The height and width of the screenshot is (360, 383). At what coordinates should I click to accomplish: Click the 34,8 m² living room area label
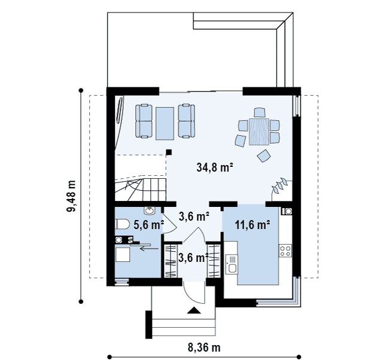[214, 167]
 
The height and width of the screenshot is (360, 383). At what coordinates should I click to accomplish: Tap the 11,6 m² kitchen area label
[253, 225]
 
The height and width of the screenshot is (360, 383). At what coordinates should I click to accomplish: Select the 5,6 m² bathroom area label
[148, 225]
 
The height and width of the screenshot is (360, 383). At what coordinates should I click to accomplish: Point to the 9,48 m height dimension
[72, 196]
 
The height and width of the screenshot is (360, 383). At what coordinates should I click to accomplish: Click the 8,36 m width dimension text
[204, 347]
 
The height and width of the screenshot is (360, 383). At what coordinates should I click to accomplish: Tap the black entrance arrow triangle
[194, 310]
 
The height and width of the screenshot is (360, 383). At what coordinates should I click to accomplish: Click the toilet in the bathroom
[122, 224]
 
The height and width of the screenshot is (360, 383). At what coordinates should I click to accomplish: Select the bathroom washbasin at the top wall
[149, 210]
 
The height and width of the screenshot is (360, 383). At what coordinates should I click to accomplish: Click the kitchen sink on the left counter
[232, 264]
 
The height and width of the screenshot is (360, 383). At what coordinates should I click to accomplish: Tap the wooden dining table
[259, 132]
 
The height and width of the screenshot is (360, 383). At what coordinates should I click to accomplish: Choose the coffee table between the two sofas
[165, 123]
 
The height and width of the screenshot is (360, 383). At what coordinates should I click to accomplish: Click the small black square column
[169, 152]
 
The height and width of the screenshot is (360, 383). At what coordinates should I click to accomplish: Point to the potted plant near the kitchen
[281, 187]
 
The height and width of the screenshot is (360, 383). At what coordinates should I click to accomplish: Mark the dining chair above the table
[259, 112]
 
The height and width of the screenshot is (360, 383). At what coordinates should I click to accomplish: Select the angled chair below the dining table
[264, 155]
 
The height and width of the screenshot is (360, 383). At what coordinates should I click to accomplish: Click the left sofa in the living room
[144, 121]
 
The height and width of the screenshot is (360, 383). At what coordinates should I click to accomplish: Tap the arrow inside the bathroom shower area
[150, 248]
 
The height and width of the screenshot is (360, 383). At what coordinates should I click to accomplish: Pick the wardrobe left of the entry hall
[171, 261]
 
